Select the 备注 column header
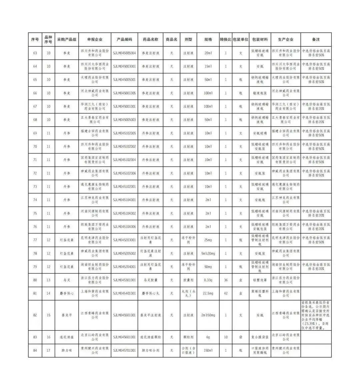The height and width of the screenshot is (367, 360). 316,39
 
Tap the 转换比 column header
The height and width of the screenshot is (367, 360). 225,39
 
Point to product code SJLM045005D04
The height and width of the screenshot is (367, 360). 124,53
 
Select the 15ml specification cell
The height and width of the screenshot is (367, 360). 208,66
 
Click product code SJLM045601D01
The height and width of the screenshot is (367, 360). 124,337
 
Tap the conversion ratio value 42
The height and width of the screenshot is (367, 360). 225,293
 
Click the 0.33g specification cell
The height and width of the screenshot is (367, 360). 208,280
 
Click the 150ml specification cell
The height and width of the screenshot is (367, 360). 208,350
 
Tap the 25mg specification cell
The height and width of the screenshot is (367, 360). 208,240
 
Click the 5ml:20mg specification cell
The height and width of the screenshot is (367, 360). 208,253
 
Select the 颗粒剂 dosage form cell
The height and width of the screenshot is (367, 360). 188,337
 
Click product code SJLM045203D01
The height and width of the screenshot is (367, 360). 124,240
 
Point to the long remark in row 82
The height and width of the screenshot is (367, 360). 316,315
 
